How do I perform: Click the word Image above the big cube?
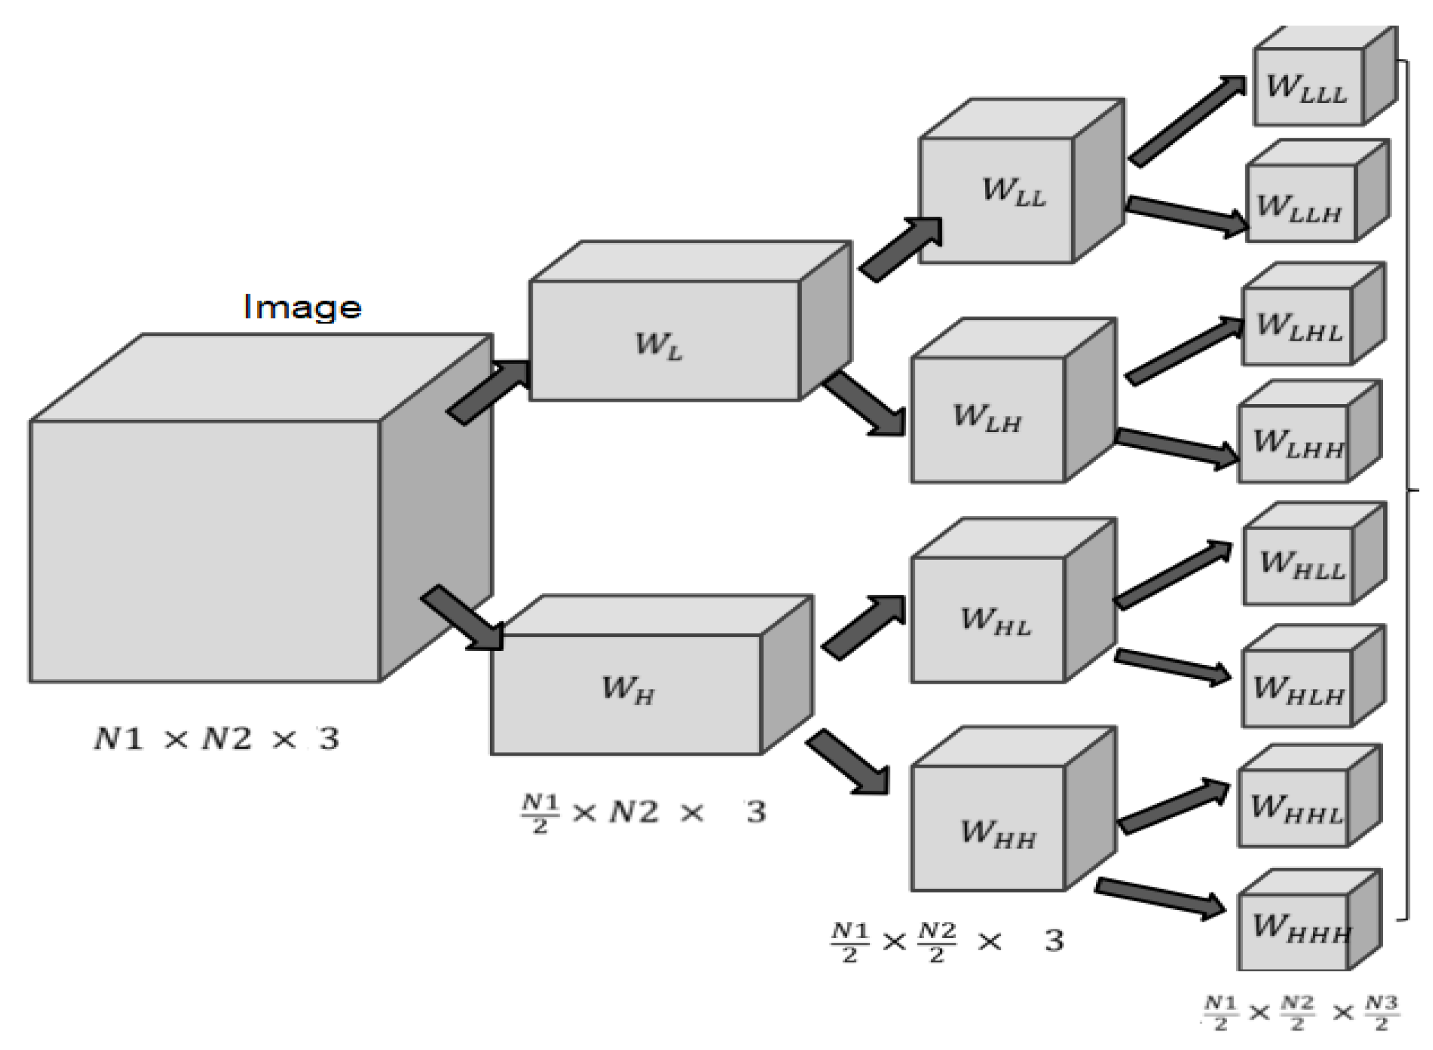[302, 308]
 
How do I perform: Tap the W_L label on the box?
[659, 346]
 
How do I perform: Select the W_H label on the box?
[627, 690]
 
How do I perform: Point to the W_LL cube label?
[1014, 192]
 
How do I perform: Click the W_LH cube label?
[987, 418]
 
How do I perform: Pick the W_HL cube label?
[995, 621]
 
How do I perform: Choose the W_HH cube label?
[998, 834]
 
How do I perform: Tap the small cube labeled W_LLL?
[1306, 88]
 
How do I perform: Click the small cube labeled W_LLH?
[1299, 207]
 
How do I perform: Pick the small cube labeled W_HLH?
[1298, 689]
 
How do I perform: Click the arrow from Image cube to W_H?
[462, 619]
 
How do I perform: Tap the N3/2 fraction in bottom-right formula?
[1381, 1014]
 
